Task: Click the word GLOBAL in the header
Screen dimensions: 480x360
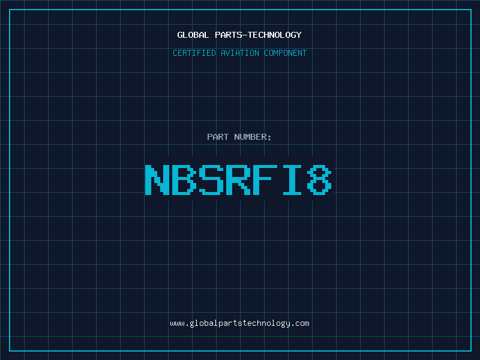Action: [x=193, y=35]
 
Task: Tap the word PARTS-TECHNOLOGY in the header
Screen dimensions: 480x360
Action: [x=258, y=35]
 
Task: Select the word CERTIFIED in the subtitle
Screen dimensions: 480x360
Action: [x=194, y=53]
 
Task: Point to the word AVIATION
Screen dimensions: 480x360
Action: [x=239, y=53]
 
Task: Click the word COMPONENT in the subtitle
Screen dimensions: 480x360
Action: [x=286, y=53]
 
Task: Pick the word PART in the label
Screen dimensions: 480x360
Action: [x=218, y=137]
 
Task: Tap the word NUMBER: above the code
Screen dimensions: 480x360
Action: [x=253, y=137]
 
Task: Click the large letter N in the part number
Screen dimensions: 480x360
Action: [x=157, y=179]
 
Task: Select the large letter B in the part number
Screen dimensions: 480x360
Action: [x=184, y=179]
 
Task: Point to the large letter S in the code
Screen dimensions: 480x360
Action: [x=211, y=179]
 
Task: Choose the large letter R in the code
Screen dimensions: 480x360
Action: [x=238, y=179]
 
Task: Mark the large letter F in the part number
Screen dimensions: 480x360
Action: [x=265, y=179]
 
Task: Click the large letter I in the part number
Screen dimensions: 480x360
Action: [x=292, y=179]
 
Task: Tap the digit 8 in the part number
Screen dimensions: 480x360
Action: [x=319, y=179]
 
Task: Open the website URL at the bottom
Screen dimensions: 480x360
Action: [x=239, y=323]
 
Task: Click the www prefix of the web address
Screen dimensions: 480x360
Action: [x=177, y=324]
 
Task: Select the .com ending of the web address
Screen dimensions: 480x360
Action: [x=300, y=324]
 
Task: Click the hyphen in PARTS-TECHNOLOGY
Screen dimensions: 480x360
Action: [x=244, y=35]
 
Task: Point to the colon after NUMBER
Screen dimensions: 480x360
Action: [x=269, y=138]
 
